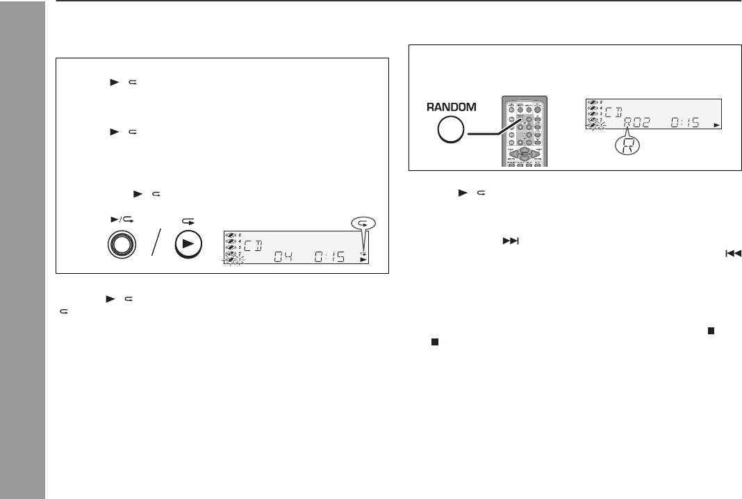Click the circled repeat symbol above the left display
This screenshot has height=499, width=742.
[x=362, y=223]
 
